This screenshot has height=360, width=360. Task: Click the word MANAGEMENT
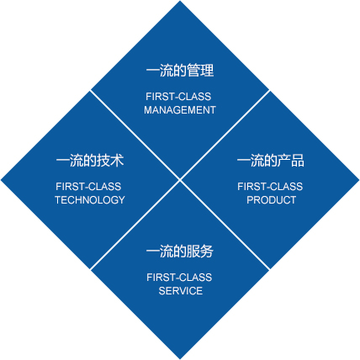180,110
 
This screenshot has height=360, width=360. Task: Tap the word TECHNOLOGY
90,200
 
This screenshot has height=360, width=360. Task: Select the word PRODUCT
271,200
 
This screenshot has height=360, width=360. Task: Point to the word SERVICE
181,291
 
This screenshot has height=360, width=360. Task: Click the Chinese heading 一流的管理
180,71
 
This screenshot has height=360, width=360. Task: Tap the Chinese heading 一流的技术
90,161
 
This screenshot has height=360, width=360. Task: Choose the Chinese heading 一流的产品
271,161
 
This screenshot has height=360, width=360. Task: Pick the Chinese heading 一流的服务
180,251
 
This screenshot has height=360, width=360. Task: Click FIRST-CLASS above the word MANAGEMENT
178,97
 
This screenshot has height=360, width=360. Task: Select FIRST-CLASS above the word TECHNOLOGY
88,187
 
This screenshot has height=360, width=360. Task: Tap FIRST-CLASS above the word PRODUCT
270,187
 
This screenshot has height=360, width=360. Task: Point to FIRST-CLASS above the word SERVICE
179,278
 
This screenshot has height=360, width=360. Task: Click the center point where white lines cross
180,180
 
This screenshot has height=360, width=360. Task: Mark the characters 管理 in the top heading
200,71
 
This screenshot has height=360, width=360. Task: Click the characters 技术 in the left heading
110,161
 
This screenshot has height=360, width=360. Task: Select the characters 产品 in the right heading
291,161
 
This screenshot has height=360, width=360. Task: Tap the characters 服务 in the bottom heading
200,251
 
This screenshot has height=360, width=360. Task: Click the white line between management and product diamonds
225,135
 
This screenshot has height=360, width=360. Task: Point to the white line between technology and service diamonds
135,225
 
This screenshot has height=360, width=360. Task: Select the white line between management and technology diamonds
135,135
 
